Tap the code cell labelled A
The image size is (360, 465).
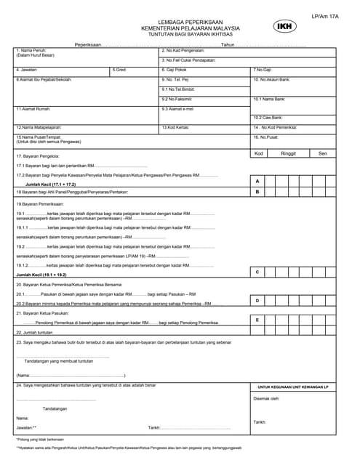coord(257,180)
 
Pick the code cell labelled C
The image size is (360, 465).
coord(257,272)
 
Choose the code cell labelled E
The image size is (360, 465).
coord(257,319)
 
